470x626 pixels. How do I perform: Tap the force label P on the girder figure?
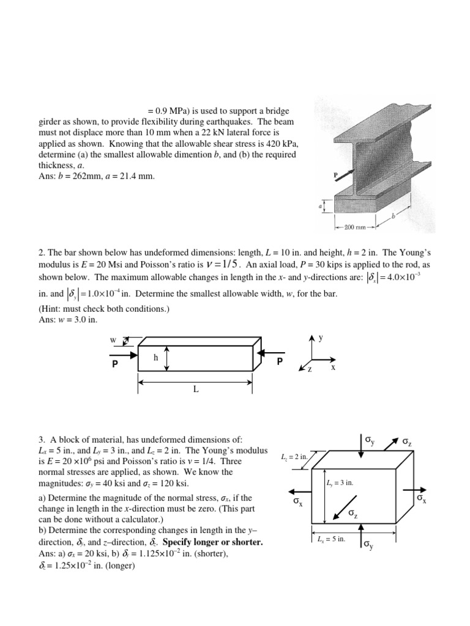(x=335, y=175)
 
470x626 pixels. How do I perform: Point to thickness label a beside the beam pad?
(x=319, y=207)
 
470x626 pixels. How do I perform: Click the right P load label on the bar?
(x=280, y=361)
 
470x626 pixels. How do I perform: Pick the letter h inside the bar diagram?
(x=156, y=359)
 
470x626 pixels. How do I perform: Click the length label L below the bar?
(x=196, y=390)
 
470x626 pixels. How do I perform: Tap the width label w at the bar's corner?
(x=112, y=339)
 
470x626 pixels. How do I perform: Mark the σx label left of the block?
(x=298, y=503)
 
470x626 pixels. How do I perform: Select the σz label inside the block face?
(x=353, y=515)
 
